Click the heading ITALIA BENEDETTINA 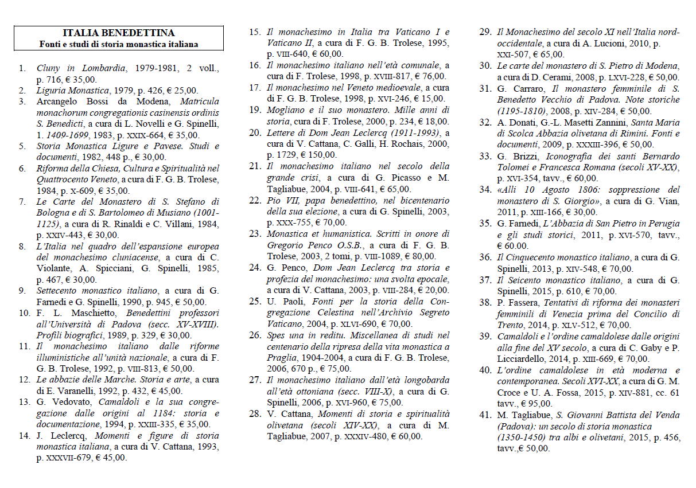pos(118,33)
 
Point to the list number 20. pos(255,132)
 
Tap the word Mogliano pos(286,110)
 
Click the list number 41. pos(485,415)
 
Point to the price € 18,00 pos(431,121)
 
